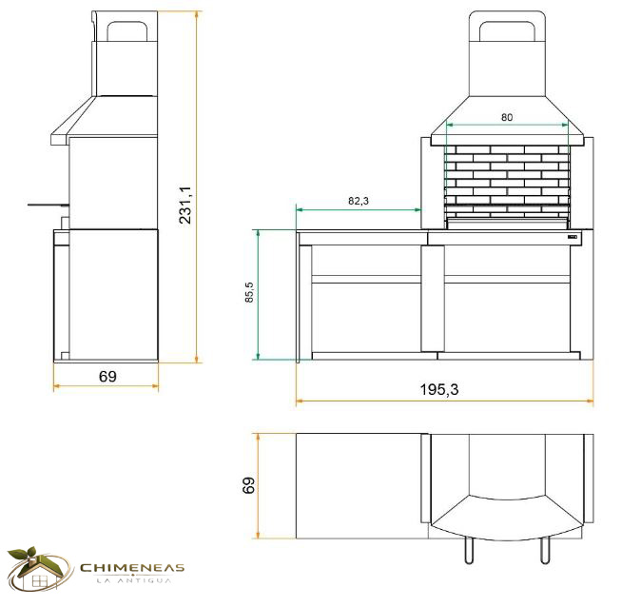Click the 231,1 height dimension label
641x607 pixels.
coord(185,205)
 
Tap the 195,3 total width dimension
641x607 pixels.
coord(439,389)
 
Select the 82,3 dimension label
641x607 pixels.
coord(359,201)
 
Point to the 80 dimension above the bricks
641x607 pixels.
coord(507,117)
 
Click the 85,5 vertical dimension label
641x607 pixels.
coord(249,292)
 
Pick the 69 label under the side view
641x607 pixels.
coord(107,377)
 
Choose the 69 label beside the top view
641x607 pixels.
coord(248,485)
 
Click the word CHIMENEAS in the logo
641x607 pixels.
coord(132,568)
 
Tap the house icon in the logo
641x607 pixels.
coord(38,569)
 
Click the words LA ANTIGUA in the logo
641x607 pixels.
coord(133,580)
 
